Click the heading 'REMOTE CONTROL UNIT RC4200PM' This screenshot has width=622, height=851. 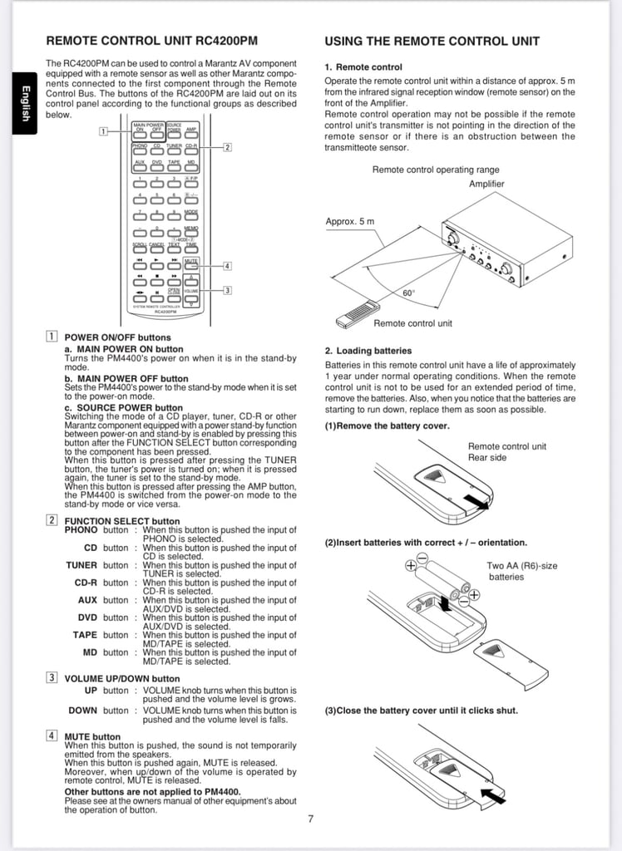(151, 41)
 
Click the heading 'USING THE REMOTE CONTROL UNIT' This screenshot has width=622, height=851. (432, 41)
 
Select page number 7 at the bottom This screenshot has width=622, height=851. (310, 819)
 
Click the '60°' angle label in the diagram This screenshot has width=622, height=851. (408, 293)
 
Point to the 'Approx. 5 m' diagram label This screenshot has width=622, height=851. (349, 221)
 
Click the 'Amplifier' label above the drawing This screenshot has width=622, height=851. (486, 184)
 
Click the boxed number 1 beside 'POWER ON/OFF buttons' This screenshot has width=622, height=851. (52, 337)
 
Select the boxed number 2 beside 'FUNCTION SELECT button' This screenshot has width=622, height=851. (52, 520)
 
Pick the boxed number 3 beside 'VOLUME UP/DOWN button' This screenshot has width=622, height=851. (52, 678)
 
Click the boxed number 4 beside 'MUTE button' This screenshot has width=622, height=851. (52, 735)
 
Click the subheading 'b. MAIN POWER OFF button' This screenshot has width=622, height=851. (126, 378)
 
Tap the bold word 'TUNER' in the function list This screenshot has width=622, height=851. (81, 565)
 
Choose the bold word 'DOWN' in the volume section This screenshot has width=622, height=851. (82, 711)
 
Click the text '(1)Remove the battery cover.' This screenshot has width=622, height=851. (387, 425)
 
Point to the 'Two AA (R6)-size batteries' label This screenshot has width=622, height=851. (521, 571)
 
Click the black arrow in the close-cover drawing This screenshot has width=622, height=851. (491, 797)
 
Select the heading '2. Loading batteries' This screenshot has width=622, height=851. (368, 351)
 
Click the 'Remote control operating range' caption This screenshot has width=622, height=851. (435, 170)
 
